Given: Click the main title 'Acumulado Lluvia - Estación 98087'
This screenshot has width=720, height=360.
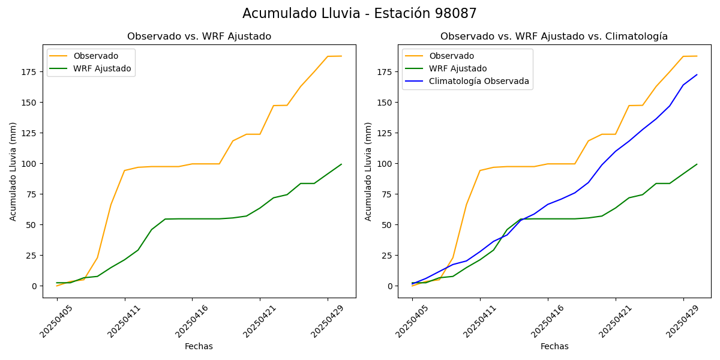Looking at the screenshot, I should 359,14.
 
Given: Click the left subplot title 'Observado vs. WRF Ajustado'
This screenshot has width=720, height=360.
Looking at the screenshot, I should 199,37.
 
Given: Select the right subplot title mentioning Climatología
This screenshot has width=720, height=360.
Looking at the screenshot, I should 554,37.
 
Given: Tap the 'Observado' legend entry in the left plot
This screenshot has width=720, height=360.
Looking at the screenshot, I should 95,56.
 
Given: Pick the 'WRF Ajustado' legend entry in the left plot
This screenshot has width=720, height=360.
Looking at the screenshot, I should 102,68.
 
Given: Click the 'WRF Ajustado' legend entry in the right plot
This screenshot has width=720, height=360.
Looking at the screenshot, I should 457,68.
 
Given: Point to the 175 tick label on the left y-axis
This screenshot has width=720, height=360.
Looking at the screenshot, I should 29,72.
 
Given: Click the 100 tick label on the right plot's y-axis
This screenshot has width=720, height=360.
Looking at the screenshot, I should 384,164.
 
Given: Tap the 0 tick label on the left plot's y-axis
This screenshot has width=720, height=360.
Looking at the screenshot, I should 34,286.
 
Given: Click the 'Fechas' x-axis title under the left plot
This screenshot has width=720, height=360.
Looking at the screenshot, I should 199,346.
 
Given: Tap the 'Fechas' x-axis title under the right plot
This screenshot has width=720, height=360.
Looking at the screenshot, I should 554,346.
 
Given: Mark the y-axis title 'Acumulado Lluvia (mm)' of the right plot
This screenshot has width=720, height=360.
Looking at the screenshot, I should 368,171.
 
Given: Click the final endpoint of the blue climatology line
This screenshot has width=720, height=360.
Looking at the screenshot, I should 697,75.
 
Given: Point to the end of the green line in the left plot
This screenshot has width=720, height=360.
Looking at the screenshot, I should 341,164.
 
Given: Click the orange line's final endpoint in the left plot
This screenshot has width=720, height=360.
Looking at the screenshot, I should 341,56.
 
